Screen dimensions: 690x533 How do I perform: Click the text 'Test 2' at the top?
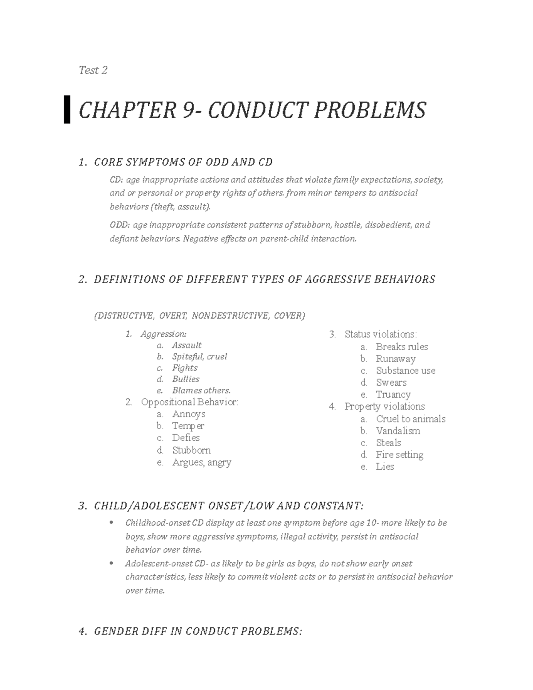point(93,70)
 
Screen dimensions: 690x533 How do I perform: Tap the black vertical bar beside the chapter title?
point(67,109)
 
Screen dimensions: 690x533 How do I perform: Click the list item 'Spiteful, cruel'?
point(199,356)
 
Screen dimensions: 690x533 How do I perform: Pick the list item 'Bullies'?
point(186,379)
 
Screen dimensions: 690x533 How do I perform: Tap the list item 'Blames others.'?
point(201,391)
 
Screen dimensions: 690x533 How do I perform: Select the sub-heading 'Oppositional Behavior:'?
point(189,402)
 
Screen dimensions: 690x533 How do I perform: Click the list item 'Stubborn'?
point(191,450)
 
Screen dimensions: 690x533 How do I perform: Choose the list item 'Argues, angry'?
point(202,462)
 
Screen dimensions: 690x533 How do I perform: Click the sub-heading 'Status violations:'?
point(381,335)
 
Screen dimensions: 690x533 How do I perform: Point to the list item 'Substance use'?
point(406,371)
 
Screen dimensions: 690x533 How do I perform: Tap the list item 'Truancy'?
point(393,395)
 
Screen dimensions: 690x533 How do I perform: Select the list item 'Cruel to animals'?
point(410,419)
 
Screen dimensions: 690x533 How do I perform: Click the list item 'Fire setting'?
point(399,455)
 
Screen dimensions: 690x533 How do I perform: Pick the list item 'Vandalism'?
point(398,431)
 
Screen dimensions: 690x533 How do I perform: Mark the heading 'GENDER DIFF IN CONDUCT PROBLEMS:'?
point(198,631)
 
